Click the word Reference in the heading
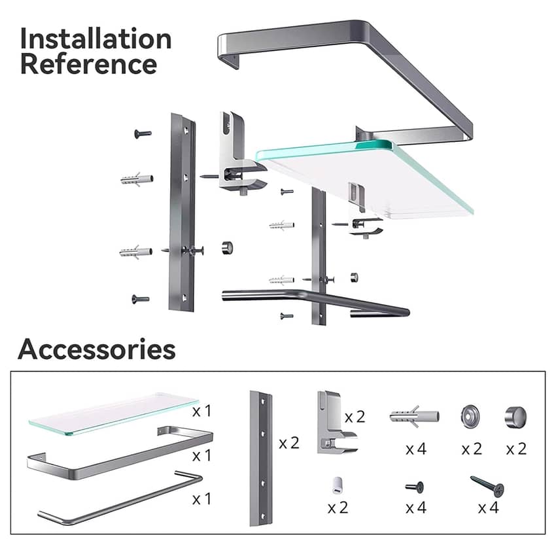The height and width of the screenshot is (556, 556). click(89, 64)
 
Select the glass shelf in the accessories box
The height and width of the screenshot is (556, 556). click(113, 413)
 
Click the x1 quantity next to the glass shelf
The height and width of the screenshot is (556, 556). click(201, 411)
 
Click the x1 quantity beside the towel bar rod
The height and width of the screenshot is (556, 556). click(201, 499)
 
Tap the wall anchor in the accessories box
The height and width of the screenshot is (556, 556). click(415, 416)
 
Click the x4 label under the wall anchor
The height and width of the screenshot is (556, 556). click(416, 449)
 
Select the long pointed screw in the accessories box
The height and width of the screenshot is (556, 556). click(487, 486)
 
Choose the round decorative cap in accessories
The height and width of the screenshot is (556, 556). click(515, 417)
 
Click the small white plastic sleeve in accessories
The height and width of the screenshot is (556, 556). click(337, 485)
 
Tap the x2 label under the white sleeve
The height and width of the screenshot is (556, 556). click(338, 508)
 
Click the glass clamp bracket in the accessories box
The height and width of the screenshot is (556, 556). click(336, 423)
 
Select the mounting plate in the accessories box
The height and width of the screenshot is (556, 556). click(260, 459)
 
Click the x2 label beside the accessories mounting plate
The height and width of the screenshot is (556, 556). click(289, 443)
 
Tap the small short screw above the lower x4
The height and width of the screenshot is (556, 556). click(415, 487)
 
